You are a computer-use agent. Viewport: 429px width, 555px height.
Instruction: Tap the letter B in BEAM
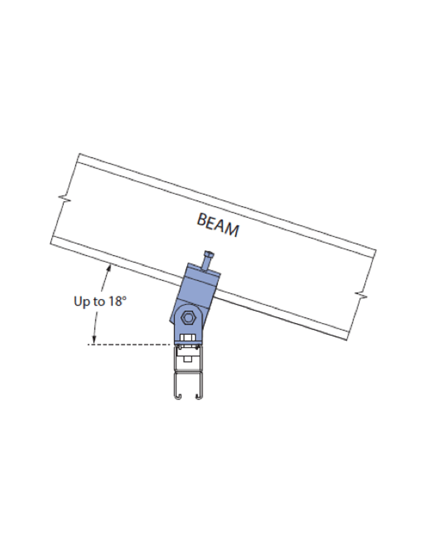point(202,219)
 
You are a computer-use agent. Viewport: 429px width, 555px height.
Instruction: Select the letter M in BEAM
point(232,231)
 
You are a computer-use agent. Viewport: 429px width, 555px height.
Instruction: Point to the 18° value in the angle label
point(118,301)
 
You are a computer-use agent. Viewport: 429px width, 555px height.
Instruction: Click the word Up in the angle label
point(81,301)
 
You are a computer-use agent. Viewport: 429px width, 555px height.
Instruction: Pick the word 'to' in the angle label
point(98,301)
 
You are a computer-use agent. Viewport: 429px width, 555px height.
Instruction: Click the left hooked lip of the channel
point(177,398)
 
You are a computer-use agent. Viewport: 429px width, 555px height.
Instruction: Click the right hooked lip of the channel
point(199,398)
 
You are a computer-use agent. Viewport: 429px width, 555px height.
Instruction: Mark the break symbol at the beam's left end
point(65,200)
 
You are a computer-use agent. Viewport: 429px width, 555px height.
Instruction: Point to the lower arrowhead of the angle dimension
point(93,341)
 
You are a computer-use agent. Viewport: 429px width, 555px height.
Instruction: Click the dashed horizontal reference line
point(133,344)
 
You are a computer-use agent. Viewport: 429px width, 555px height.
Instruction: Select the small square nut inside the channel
point(188,358)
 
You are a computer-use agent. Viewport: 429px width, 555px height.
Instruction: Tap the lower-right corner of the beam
point(348,340)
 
